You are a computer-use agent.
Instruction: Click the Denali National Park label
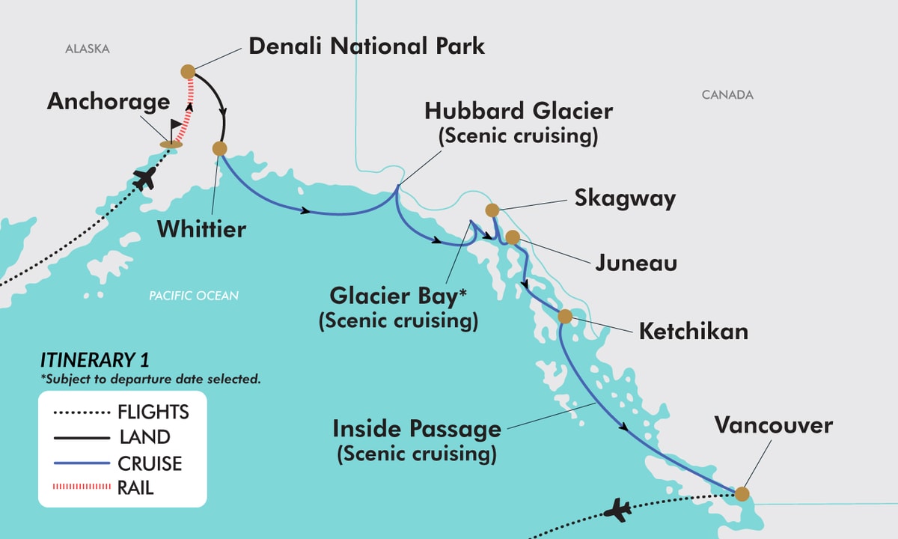point(367,46)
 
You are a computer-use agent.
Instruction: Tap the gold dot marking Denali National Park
point(188,72)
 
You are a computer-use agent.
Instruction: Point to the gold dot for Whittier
point(219,148)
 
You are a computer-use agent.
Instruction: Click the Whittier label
point(201,229)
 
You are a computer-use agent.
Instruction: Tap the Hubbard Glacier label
point(519,112)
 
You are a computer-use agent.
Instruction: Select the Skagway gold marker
point(492,210)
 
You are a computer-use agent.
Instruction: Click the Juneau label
point(636,264)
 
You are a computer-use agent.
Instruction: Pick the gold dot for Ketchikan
point(565,316)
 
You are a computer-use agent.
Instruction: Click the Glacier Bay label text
point(398,295)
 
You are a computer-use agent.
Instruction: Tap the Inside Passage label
point(417,430)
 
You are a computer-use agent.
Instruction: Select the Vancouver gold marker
point(741,493)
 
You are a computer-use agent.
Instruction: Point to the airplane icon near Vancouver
point(618,511)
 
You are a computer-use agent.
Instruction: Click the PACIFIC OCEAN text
point(194,296)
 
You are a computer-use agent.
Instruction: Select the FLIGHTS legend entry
point(153,412)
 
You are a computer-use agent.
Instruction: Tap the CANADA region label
point(727,95)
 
